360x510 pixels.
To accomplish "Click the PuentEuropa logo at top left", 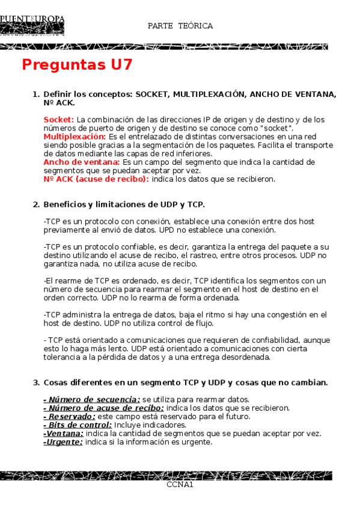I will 32,26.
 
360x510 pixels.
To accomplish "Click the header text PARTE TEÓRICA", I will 180,26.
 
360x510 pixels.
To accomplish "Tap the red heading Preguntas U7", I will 77,65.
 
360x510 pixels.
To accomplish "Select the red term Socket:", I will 59,120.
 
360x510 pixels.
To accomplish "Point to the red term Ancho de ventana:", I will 82,162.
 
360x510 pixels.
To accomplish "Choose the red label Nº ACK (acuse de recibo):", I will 96,179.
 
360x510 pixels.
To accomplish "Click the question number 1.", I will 35,94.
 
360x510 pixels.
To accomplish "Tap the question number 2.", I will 35,204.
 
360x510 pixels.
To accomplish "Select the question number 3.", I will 35,382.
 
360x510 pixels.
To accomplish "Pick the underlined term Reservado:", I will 70,416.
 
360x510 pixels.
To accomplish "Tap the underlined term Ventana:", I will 64,433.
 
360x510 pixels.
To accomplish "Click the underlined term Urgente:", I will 63,441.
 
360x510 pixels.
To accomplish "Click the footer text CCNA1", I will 180,484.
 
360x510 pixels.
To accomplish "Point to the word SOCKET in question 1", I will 154,94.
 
